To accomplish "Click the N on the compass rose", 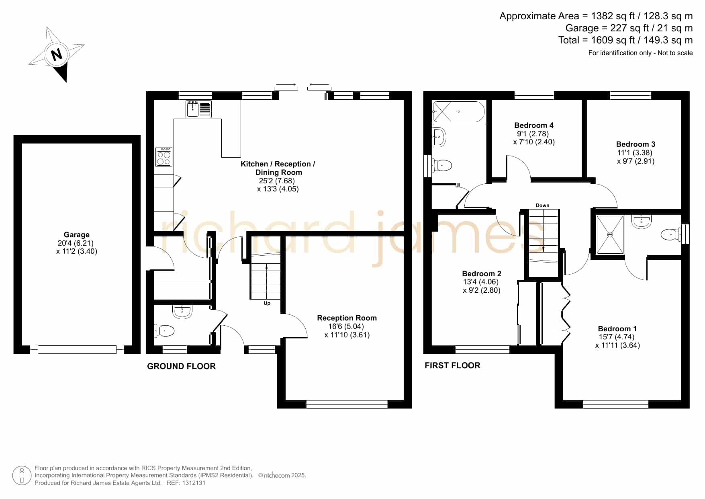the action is click(x=57, y=54).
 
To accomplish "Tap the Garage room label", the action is click(x=76, y=235).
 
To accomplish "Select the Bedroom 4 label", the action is click(x=534, y=125).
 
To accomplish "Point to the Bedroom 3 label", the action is click(x=636, y=144).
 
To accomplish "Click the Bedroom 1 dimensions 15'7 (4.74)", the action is click(x=617, y=337).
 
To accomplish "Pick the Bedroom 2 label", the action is click(x=482, y=274).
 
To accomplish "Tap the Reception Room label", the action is click(x=347, y=318).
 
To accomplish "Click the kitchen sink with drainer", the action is click(x=199, y=109).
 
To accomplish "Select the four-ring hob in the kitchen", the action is click(x=164, y=157).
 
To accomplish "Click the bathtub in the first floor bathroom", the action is click(x=459, y=111).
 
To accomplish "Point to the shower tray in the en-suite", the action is click(x=610, y=235).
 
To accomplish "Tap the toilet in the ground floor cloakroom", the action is click(x=165, y=331).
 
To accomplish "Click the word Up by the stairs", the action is click(x=267, y=303).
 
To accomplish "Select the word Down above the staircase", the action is click(x=542, y=205).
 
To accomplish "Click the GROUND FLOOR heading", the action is click(x=181, y=366).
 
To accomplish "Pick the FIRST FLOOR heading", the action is click(x=452, y=366).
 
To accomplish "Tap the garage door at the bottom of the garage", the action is click(x=77, y=350).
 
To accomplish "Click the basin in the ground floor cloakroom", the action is click(x=182, y=312).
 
